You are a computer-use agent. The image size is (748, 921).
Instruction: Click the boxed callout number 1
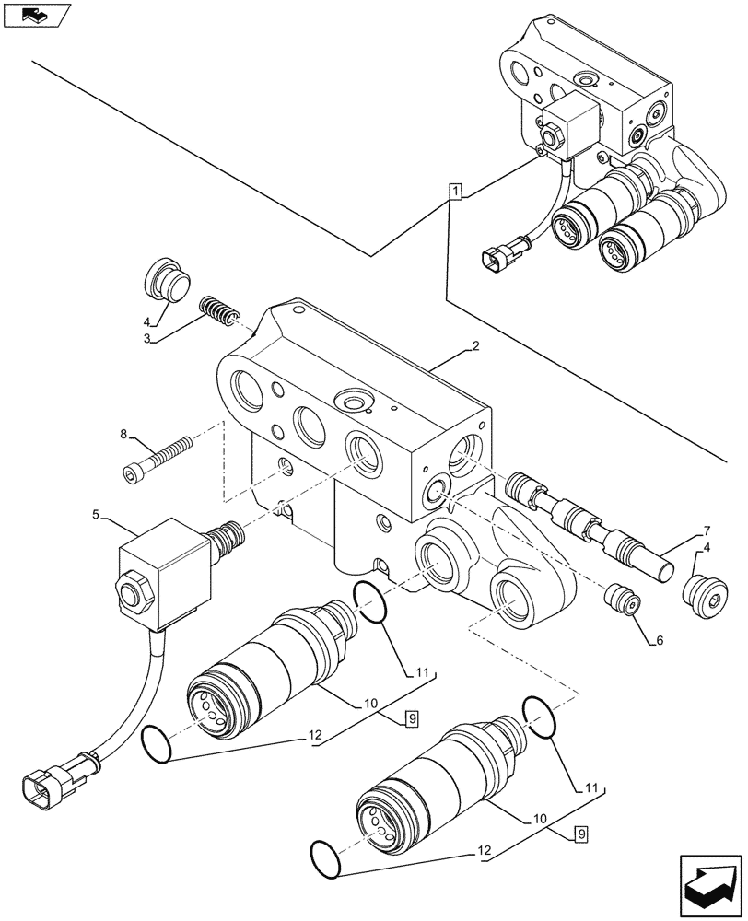456,191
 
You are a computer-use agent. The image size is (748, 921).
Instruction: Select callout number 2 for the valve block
473,347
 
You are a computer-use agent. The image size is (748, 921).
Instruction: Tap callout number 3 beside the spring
147,338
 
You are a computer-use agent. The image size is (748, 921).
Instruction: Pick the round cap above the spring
165,278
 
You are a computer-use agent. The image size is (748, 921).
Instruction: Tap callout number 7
706,531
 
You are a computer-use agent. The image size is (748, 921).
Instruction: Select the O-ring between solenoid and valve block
369,603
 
